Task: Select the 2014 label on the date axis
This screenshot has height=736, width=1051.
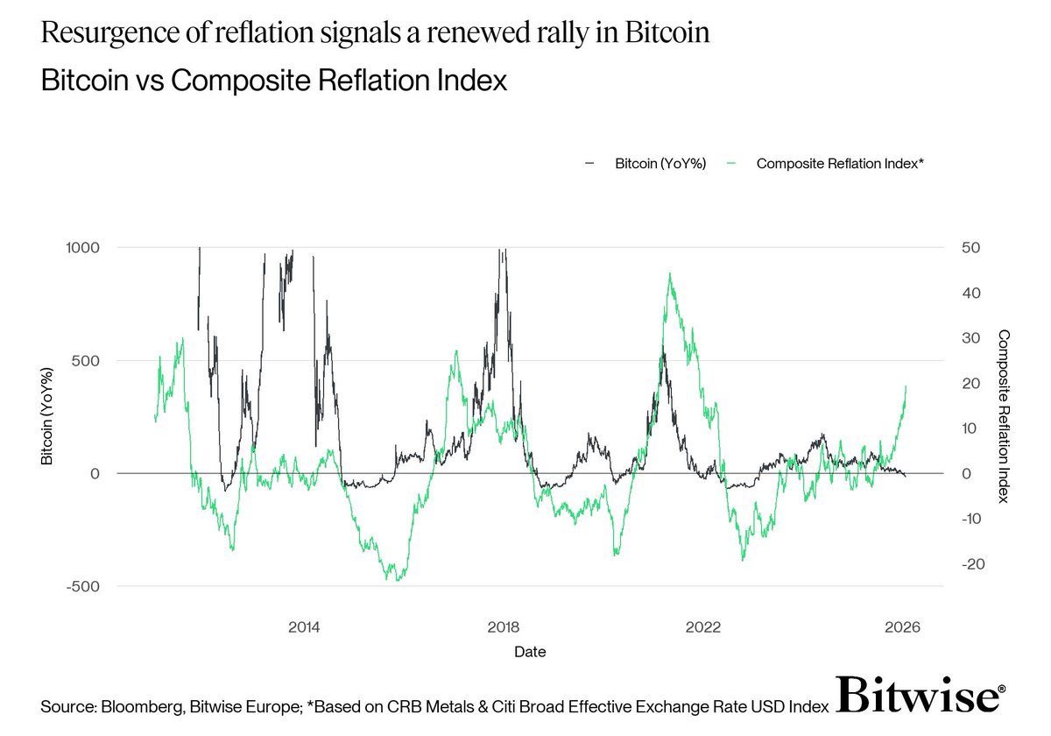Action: pyautogui.click(x=303, y=627)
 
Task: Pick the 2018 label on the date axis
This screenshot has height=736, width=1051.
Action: pyautogui.click(x=503, y=627)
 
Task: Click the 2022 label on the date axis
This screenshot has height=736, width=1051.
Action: pyautogui.click(x=703, y=627)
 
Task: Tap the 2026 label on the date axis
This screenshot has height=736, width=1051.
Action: pyautogui.click(x=903, y=627)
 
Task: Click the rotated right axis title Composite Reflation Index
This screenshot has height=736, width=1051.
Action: pyautogui.click(x=1004, y=416)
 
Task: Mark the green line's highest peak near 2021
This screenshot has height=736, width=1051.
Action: pyautogui.click(x=670, y=273)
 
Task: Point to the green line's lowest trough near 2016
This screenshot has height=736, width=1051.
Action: pyautogui.click(x=399, y=580)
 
